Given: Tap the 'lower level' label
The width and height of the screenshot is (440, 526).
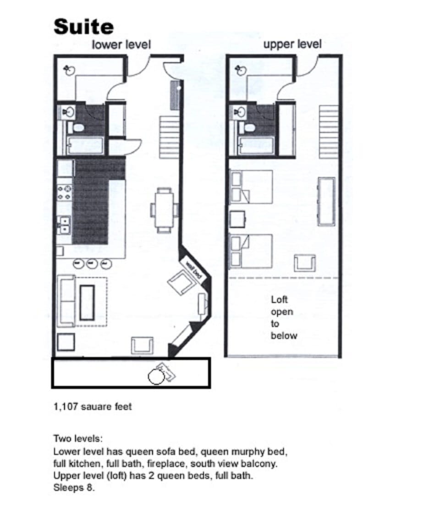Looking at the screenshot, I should [x=121, y=44].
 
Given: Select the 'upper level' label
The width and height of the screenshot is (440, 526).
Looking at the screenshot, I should [x=292, y=44].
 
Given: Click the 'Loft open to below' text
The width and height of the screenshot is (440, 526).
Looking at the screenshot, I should [x=284, y=318].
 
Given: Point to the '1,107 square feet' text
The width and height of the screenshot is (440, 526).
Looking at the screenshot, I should [x=93, y=406].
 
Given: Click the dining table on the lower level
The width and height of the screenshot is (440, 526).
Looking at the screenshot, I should [x=164, y=209].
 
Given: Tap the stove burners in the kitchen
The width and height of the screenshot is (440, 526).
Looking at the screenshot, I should [x=64, y=193].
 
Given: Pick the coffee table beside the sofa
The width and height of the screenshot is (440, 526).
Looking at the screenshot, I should [x=87, y=302].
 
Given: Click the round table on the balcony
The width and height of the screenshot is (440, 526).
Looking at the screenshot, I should [x=156, y=377].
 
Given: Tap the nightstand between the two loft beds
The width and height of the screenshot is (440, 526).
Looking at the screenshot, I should [x=238, y=219].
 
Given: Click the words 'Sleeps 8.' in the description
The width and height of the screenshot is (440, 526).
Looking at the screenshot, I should [x=74, y=488].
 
